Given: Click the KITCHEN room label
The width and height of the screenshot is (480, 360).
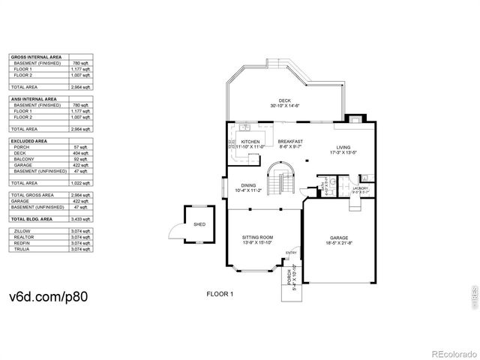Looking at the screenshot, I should (250, 141).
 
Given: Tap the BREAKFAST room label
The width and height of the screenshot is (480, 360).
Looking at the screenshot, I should (289, 141).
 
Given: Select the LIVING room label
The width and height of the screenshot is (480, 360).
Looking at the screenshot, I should (343, 148).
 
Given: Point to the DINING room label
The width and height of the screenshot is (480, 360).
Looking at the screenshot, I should (247, 186).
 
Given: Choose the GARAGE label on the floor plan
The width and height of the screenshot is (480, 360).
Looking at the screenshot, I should (337, 238).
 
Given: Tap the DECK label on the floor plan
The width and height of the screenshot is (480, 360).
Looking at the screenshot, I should (284, 100).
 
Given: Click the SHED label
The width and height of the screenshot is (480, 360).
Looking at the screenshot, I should (199, 223).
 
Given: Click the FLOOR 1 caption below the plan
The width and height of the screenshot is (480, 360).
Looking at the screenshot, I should (220, 295).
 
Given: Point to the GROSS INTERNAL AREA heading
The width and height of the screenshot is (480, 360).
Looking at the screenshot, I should (36, 57).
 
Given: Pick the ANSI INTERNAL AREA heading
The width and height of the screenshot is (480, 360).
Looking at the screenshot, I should (34, 98).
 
